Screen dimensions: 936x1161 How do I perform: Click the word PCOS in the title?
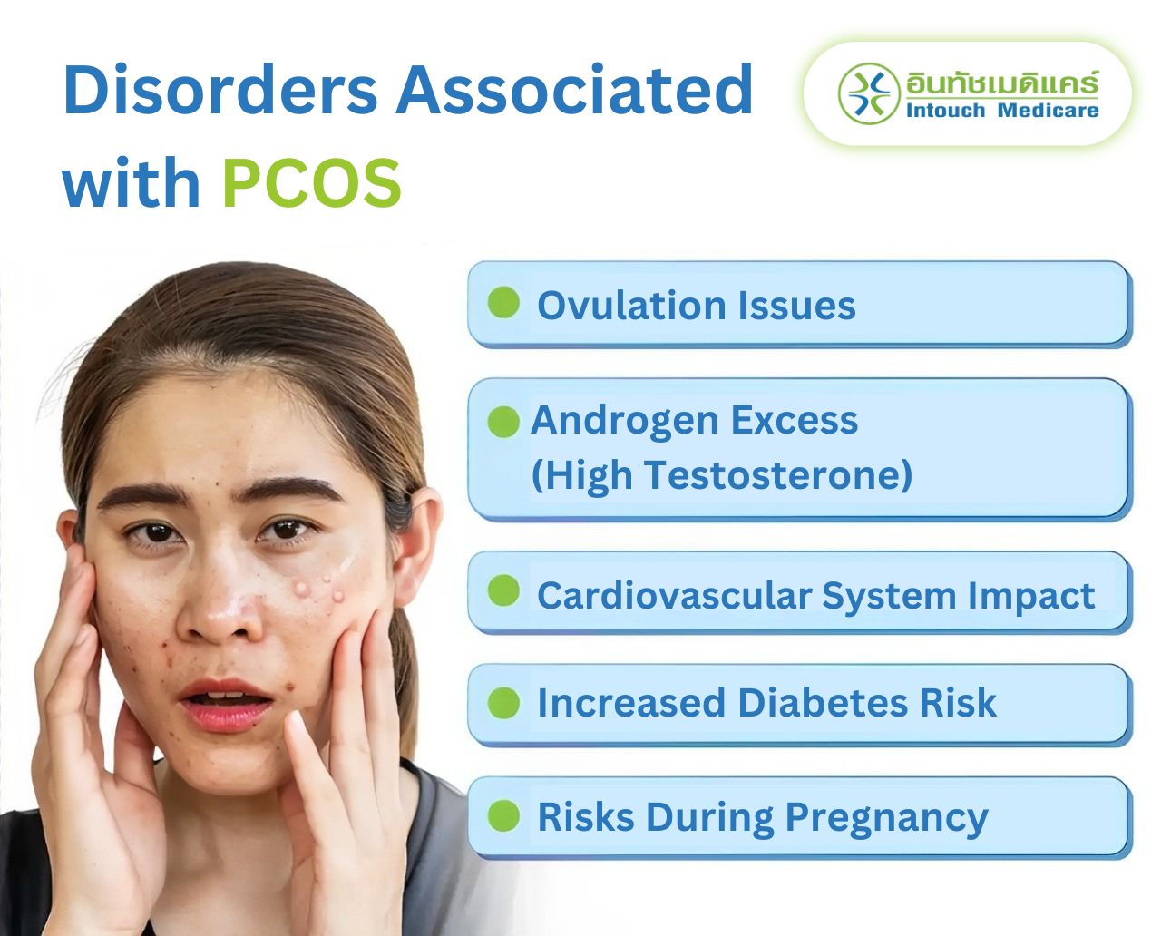point(311,183)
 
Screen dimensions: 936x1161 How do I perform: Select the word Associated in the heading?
point(574,91)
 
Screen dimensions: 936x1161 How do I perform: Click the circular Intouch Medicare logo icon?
point(868,93)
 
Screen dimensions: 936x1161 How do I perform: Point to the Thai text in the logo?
point(1001,83)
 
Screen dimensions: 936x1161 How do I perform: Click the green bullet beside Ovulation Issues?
point(503,303)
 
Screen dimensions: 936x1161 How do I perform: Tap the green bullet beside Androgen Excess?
point(503,422)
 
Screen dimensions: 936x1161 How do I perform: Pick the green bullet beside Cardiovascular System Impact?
point(503,591)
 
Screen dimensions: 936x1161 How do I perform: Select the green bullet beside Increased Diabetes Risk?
point(503,703)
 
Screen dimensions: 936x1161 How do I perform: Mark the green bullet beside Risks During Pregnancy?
point(503,815)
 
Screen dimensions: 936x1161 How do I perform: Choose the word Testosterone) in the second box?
point(777,474)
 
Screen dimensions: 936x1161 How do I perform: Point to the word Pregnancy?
point(886,817)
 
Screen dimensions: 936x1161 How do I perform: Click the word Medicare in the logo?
point(1048,111)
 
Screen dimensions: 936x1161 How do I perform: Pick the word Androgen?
point(625,420)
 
